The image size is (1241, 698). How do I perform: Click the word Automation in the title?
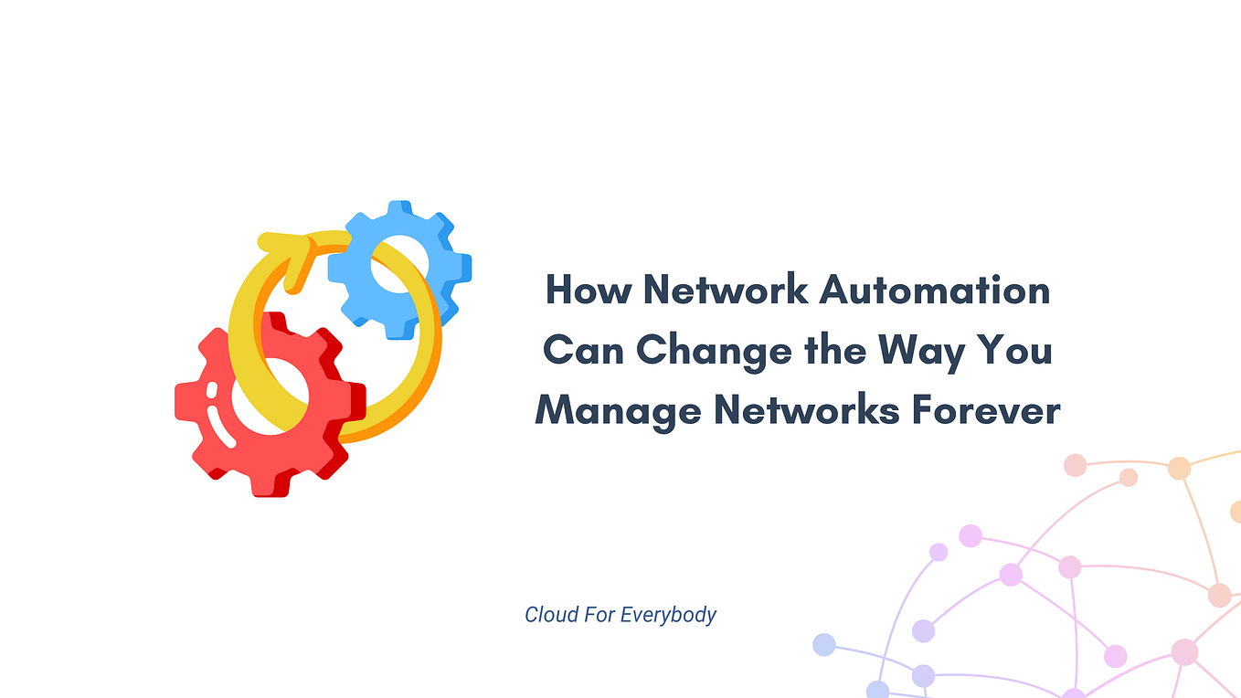(x=934, y=290)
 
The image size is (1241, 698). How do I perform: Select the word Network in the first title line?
(x=722, y=290)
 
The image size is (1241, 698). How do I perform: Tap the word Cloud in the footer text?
(x=551, y=615)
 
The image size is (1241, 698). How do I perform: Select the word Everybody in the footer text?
(x=669, y=615)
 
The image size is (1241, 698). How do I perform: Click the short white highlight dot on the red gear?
(x=212, y=390)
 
